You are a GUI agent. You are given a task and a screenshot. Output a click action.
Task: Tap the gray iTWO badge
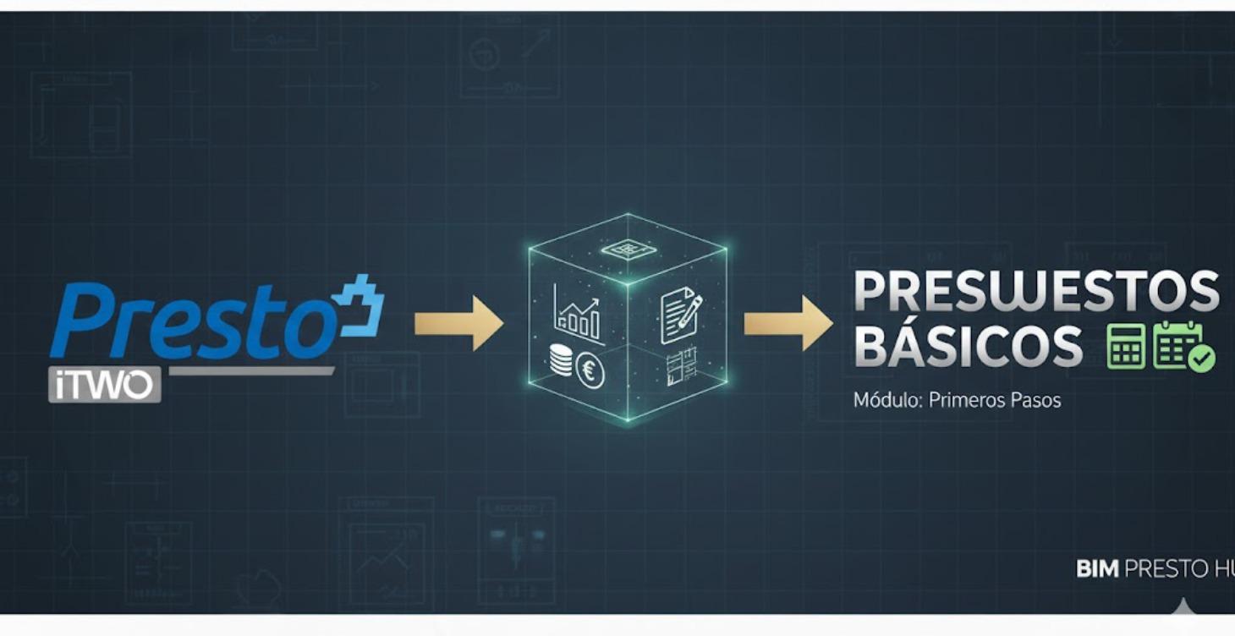(105, 384)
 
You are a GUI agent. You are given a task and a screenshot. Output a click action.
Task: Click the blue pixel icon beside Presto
(359, 304)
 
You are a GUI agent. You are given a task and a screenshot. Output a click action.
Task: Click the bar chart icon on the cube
(577, 313)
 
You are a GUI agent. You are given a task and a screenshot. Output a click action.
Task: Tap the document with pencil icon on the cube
(680, 315)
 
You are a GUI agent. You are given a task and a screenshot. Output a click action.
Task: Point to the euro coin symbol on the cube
(590, 370)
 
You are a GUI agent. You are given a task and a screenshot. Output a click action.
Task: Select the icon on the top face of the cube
(627, 249)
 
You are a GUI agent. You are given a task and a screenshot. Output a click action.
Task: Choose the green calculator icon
(1126, 346)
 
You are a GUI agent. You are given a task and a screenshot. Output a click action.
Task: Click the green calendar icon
(1178, 344)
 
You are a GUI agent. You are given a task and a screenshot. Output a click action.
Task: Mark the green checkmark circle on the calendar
(1201, 359)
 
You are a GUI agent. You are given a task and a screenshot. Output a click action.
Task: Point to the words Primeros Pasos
(995, 400)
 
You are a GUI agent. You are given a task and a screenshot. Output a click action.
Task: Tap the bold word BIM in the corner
(1096, 569)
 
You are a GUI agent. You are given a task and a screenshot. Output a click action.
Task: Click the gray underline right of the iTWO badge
(251, 370)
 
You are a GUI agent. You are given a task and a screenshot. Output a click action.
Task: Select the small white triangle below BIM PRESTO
(1183, 606)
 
